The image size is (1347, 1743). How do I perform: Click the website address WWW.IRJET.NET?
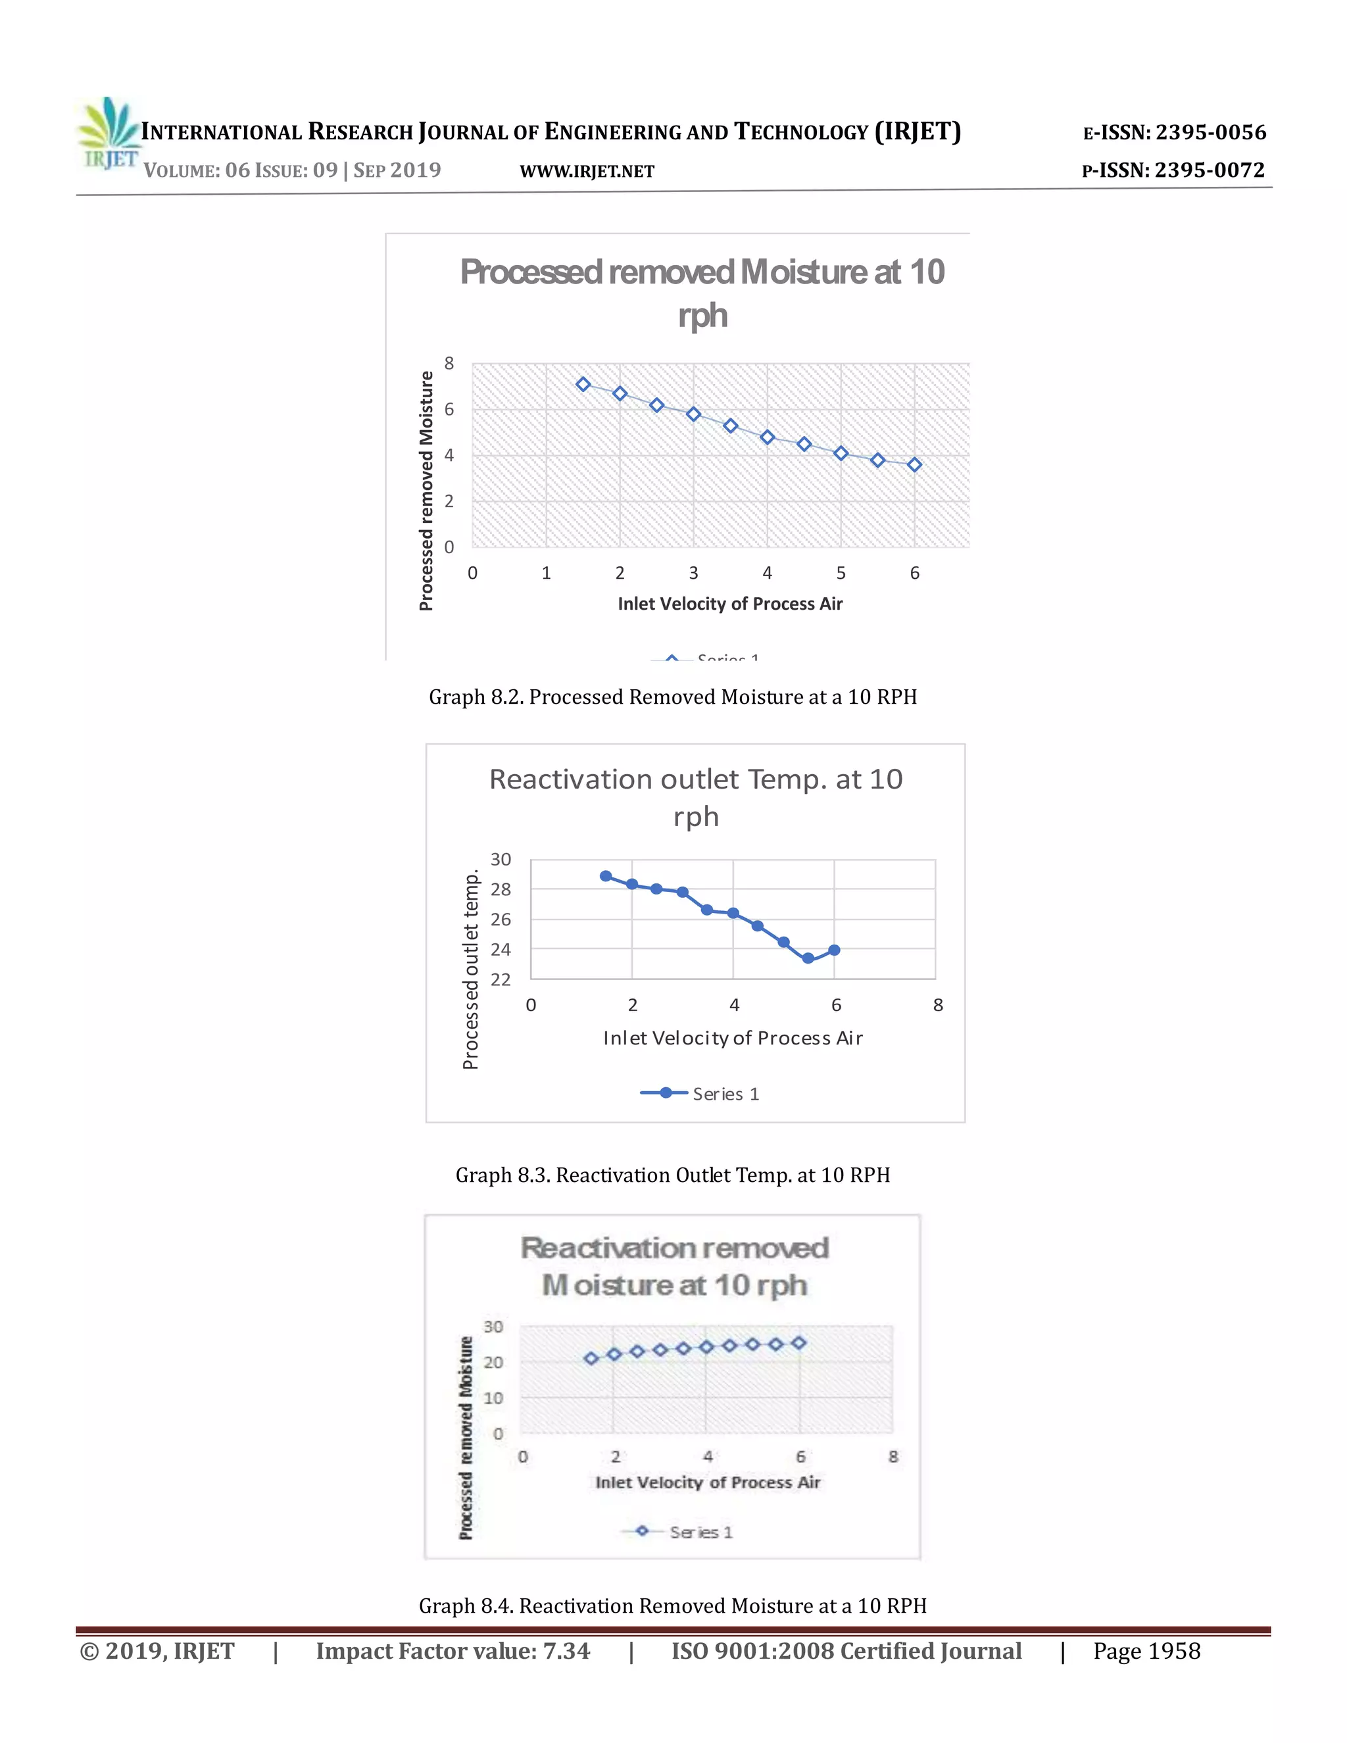pos(587,172)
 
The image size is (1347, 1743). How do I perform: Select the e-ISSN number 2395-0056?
pos(1211,132)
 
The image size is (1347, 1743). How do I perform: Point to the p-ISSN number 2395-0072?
pos(1210,170)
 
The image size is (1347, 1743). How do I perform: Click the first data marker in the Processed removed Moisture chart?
pos(583,385)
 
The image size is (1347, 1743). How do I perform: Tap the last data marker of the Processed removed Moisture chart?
pos(914,464)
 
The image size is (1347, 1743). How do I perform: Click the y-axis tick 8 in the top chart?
pos(449,364)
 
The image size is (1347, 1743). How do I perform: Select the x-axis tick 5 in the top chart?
pos(841,573)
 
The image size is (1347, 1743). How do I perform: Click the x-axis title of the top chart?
pos(730,604)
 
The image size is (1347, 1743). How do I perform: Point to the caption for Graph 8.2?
pos(673,697)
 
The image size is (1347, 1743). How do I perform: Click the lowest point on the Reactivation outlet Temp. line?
pos(808,958)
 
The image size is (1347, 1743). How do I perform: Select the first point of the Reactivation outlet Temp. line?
pos(606,876)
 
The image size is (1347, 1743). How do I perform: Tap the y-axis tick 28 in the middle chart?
pos(501,889)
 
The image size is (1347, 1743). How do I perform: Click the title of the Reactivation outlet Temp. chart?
pos(696,797)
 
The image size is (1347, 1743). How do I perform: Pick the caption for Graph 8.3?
pos(673,1175)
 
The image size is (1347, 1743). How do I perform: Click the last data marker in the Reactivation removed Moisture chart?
pos(798,1343)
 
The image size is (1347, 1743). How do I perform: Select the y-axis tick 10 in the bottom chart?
pos(493,1398)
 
